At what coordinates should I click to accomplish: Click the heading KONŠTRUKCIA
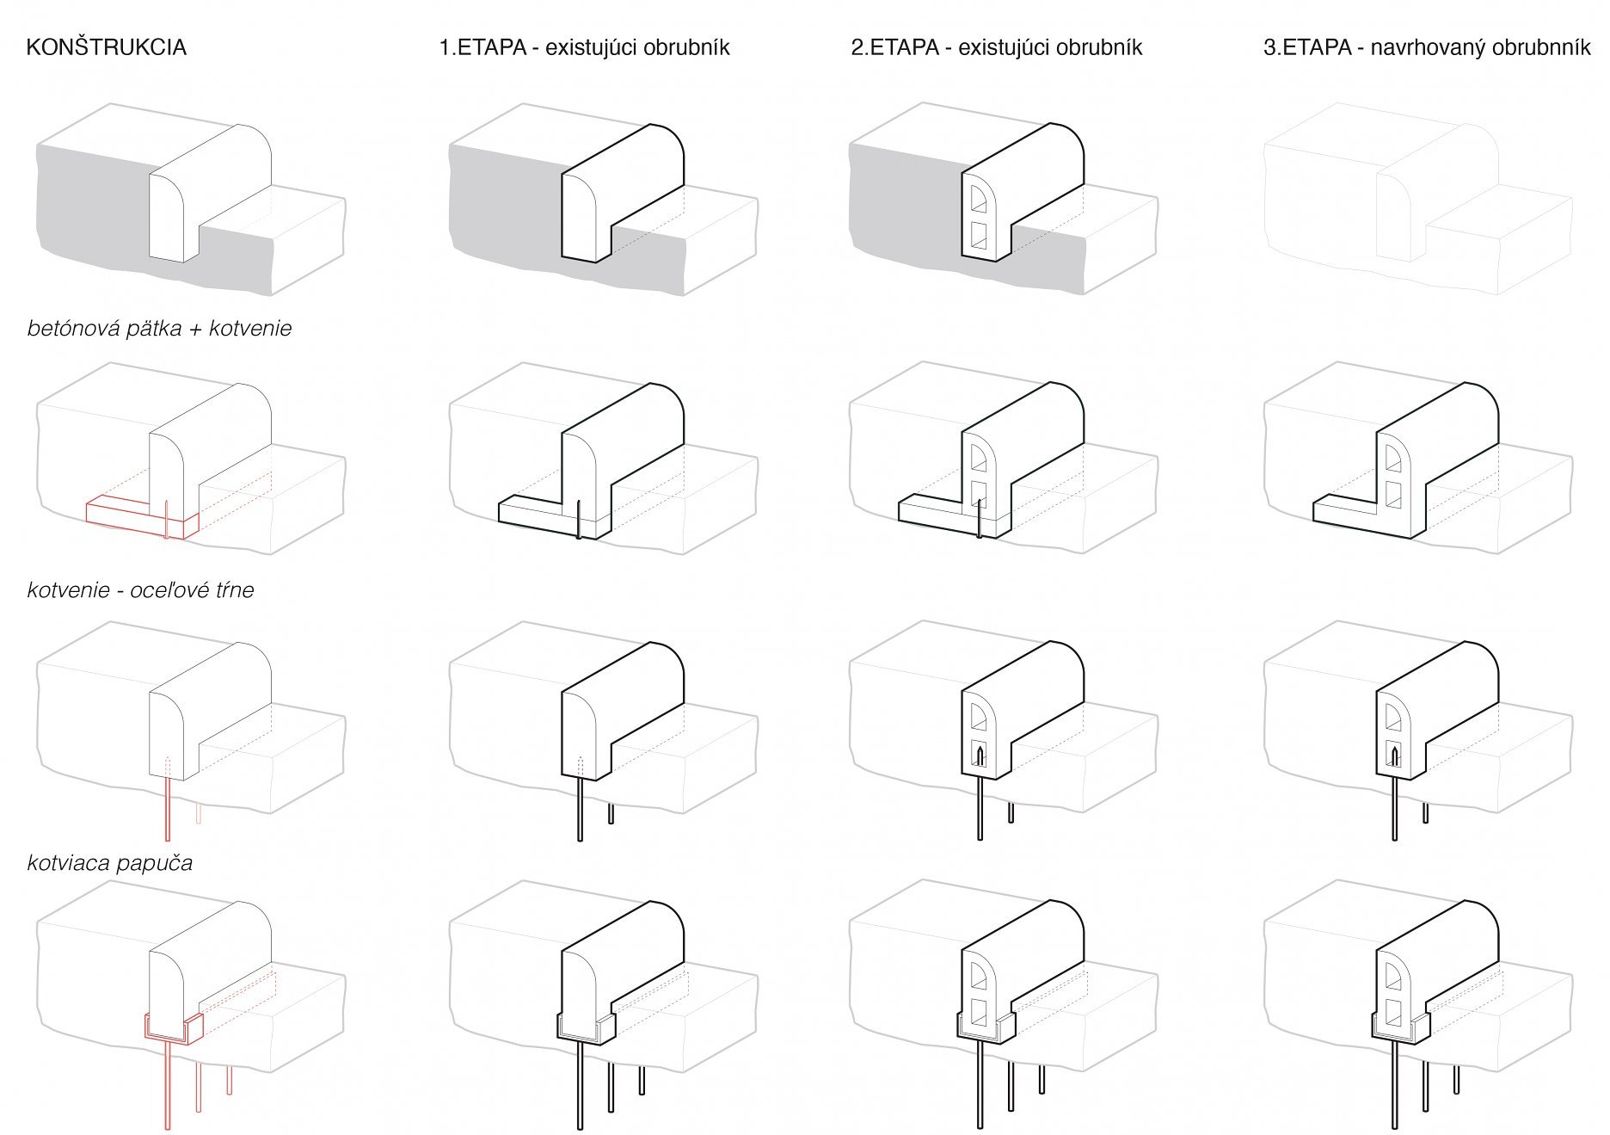click(x=107, y=47)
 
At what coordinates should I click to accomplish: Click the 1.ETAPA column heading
click(x=584, y=47)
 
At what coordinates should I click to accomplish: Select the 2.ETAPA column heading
click(x=996, y=47)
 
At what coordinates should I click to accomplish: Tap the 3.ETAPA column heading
click(x=1426, y=47)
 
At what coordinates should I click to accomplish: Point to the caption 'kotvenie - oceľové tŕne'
click(x=140, y=590)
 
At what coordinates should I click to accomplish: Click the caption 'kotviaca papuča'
click(x=110, y=862)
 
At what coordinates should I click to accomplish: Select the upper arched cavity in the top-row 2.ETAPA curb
click(x=978, y=199)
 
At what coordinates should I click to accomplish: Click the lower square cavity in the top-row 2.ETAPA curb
click(x=978, y=235)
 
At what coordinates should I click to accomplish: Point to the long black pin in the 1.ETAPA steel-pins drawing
click(x=580, y=809)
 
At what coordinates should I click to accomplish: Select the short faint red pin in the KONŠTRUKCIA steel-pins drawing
click(x=199, y=813)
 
